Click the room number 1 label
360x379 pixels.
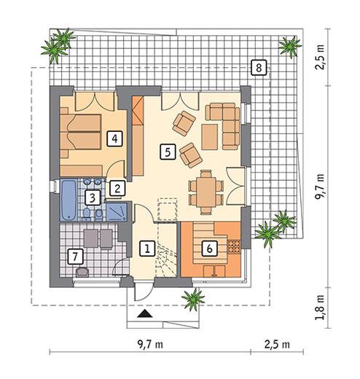(x=147, y=249)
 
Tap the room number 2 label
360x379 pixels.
(x=117, y=188)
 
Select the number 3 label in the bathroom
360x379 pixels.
(x=93, y=198)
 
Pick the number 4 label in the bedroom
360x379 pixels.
(x=114, y=138)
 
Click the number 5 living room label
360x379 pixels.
(x=168, y=152)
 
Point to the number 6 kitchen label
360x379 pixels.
(x=209, y=249)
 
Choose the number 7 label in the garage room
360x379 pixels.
(x=75, y=257)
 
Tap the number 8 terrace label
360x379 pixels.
(x=259, y=68)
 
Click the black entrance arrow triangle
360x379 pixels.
(x=145, y=313)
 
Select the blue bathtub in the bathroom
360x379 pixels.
(x=69, y=200)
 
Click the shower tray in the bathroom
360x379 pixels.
(x=117, y=212)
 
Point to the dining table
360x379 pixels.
(x=206, y=192)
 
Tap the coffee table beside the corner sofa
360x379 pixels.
(x=209, y=137)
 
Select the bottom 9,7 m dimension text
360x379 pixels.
(x=150, y=344)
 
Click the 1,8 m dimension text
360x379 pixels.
(x=320, y=308)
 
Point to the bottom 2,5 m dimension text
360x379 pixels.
(x=277, y=344)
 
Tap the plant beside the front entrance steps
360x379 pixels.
(x=193, y=299)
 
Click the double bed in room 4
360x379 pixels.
(x=81, y=132)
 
